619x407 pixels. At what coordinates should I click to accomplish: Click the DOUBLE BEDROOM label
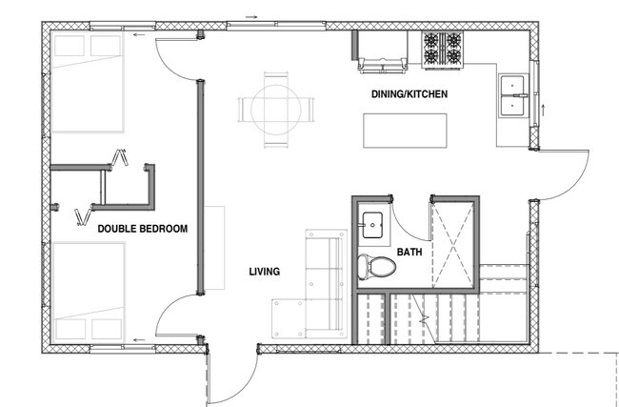point(143,229)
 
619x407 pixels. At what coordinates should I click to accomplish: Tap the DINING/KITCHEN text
point(409,94)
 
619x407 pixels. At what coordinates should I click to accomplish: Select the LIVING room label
point(265,272)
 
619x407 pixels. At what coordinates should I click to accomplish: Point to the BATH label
point(409,252)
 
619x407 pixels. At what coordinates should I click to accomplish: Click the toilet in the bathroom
point(376,266)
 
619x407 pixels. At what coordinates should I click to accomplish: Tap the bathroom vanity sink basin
point(372,225)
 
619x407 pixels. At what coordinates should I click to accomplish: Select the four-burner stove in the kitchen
point(443,50)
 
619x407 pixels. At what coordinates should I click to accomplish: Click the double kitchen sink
point(512,95)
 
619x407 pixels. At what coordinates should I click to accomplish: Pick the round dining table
point(276,110)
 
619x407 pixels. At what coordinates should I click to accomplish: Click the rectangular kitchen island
point(405,131)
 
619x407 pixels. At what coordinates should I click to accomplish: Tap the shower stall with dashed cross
point(453,245)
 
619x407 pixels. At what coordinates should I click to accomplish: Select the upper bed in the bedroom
point(88,82)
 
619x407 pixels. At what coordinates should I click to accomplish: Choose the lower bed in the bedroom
point(89,292)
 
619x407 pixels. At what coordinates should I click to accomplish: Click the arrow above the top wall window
point(251,17)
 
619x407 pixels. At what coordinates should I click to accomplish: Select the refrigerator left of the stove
point(382,51)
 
